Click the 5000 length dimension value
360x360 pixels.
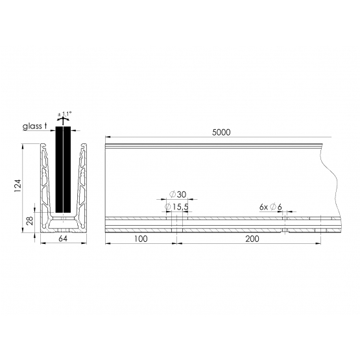coord(221,132)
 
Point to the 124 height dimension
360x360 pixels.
coord(18,186)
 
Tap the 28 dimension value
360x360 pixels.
coord(30,221)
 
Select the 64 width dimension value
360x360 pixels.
coord(63,239)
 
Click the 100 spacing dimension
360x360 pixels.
coord(141,239)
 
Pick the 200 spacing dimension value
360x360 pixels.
coord(252,239)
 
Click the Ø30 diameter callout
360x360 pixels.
coord(178,195)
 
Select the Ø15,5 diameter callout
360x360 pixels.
coord(176,207)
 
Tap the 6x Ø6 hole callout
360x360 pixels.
coord(270,207)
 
